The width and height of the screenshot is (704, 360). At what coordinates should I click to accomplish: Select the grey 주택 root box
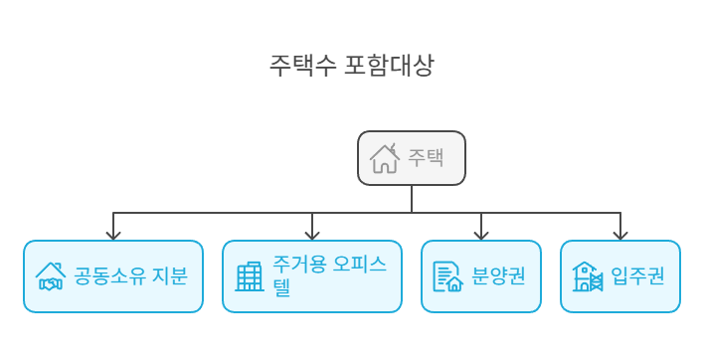click(412, 158)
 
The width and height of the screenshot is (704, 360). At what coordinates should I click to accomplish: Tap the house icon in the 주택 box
click(385, 158)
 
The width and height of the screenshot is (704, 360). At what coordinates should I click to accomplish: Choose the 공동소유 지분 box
click(113, 276)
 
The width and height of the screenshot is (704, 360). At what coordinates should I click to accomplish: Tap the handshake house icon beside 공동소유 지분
click(50, 276)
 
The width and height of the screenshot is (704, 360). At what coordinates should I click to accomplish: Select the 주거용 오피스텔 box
click(312, 276)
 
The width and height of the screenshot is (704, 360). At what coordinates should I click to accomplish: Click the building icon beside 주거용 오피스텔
click(249, 276)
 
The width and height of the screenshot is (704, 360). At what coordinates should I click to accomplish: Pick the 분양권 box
click(481, 276)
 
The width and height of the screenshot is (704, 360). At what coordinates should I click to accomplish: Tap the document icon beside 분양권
click(447, 276)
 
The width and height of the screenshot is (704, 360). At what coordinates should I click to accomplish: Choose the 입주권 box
click(620, 276)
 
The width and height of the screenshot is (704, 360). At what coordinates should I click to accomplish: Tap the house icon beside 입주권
click(587, 276)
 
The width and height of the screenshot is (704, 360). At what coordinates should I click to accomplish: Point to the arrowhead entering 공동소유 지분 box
click(113, 234)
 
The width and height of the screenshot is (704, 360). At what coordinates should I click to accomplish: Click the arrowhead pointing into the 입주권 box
click(620, 234)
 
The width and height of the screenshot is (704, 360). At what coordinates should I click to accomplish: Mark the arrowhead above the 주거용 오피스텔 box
click(312, 234)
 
